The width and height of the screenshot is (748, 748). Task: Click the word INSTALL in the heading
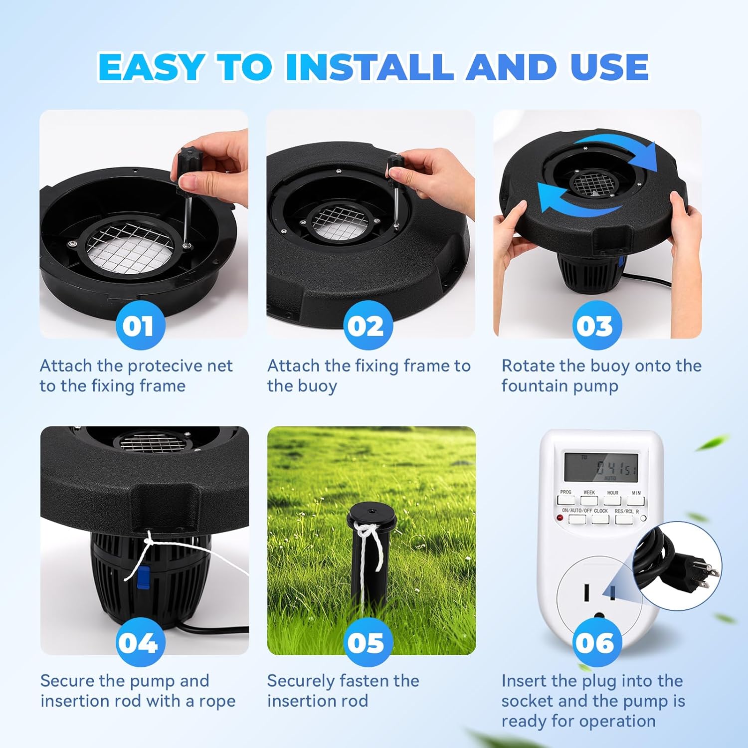(x=370, y=67)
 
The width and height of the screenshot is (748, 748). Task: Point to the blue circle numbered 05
(x=368, y=642)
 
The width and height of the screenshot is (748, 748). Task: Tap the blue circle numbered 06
(x=596, y=642)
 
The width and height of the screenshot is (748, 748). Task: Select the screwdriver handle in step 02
(x=396, y=164)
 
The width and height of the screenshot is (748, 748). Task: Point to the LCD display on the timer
(x=601, y=467)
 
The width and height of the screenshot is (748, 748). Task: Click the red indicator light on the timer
(x=560, y=518)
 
